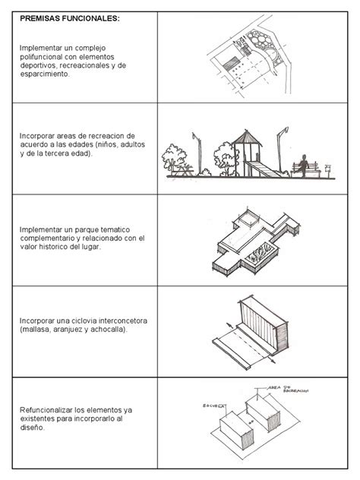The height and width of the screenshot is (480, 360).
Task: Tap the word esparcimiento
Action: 44,74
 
